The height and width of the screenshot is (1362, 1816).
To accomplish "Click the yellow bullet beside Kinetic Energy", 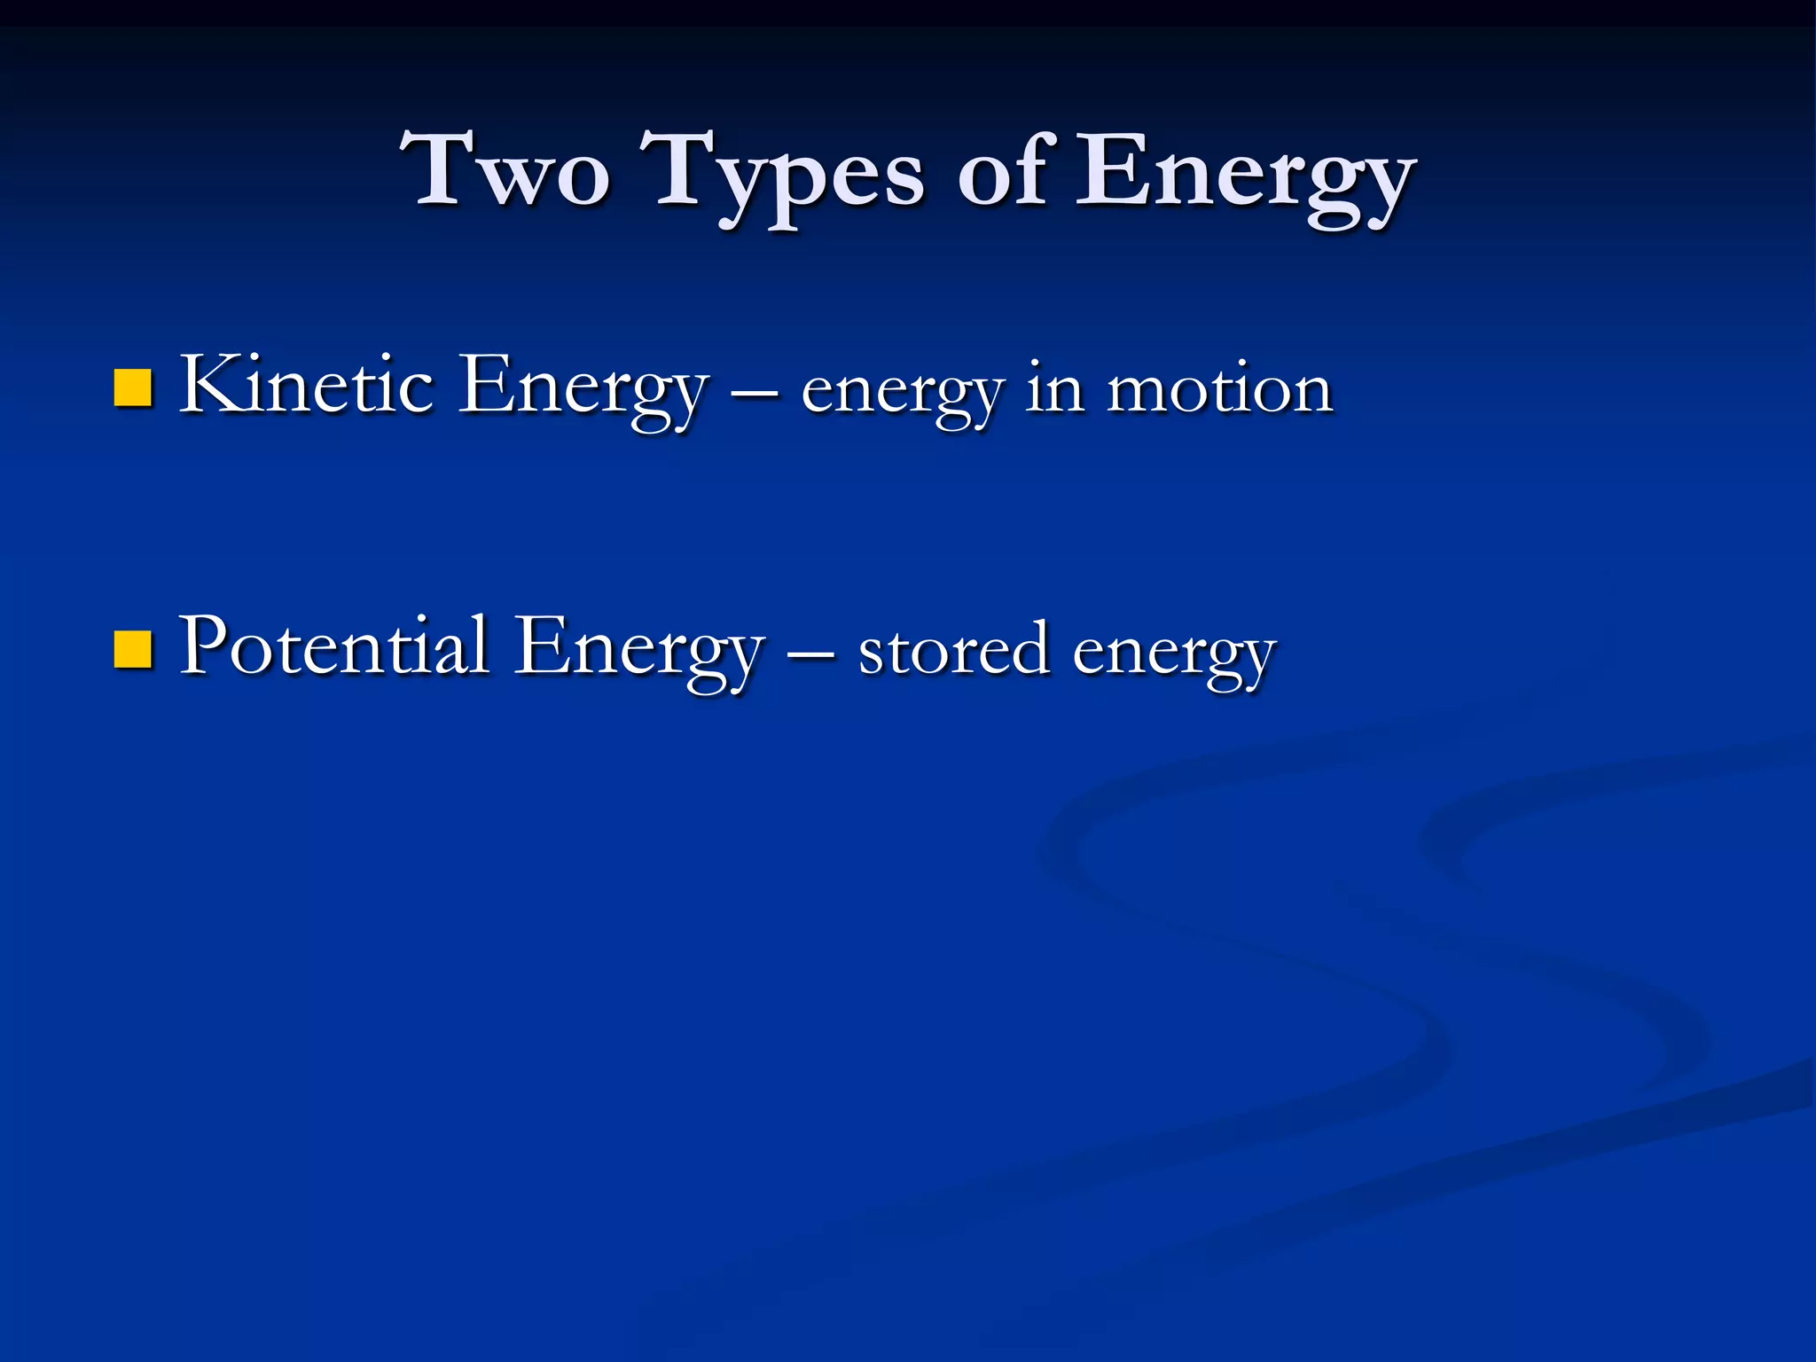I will click(133, 387).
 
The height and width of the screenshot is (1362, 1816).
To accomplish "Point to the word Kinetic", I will click(307, 385).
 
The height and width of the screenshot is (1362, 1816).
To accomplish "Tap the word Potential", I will click(334, 646).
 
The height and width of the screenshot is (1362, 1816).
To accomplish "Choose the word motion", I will click(1219, 389).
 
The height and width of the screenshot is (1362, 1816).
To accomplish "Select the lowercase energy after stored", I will click(1174, 654).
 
